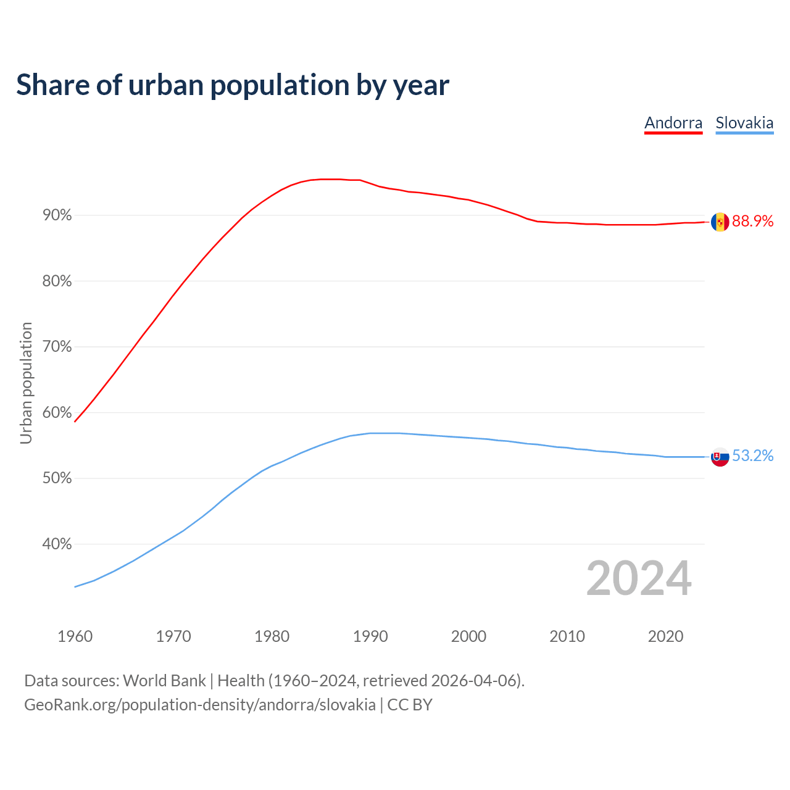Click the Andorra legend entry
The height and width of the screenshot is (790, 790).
(x=673, y=123)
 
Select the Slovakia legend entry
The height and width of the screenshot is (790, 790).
(x=744, y=123)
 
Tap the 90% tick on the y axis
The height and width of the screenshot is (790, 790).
(x=57, y=215)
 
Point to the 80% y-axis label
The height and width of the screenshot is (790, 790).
(x=57, y=281)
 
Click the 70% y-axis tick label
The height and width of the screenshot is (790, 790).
(x=57, y=347)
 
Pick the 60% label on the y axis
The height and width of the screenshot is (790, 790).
(x=57, y=413)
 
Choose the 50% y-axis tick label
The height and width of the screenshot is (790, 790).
(x=57, y=478)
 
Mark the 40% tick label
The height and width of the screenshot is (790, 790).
(x=57, y=544)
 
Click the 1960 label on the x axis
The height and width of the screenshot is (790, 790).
(x=75, y=636)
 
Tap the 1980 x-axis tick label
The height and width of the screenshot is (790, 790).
(x=272, y=636)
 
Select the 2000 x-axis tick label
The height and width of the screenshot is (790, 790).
(x=469, y=636)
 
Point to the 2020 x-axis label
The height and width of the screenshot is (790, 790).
(x=665, y=636)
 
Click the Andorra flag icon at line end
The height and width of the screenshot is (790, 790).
(x=720, y=222)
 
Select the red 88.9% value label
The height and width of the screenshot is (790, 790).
(x=753, y=222)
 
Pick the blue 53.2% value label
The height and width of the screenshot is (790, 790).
(x=753, y=456)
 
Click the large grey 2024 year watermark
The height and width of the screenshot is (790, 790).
(x=639, y=578)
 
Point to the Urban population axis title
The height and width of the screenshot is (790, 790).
(x=26, y=383)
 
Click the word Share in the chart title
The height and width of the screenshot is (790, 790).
(x=52, y=85)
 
